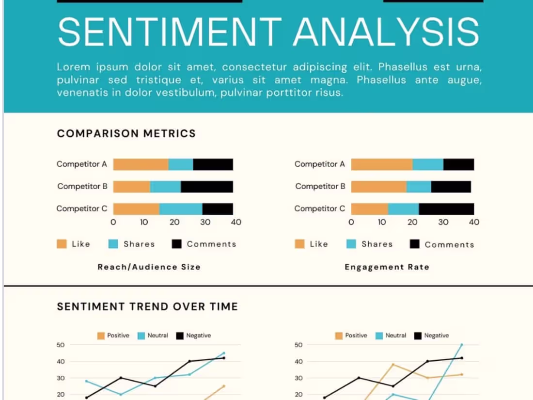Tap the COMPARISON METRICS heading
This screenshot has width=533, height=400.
coord(126,133)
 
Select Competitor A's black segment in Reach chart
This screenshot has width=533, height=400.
coord(213,164)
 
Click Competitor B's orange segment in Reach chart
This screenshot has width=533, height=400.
coord(132,187)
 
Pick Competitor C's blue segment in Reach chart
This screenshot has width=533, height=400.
coord(181,209)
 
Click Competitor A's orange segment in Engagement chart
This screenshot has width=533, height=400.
coord(382,164)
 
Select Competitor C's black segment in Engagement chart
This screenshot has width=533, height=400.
coord(446,209)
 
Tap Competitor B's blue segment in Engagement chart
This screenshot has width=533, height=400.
coord(419,187)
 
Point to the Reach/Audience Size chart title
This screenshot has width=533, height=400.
coord(149,267)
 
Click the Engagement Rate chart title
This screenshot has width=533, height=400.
coord(387,267)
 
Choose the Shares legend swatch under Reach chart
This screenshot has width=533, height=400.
coord(113,244)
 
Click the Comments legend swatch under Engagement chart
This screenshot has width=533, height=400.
coord(414,244)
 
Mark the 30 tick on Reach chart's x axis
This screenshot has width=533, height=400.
coord(205,222)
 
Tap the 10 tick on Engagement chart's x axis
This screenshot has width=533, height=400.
coord(382,222)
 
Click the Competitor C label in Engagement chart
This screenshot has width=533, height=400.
coord(320,208)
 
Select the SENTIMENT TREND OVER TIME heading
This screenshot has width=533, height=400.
coord(147,306)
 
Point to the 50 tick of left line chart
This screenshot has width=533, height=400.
coord(61,345)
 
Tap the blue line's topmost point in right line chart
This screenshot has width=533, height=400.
coord(461,345)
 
